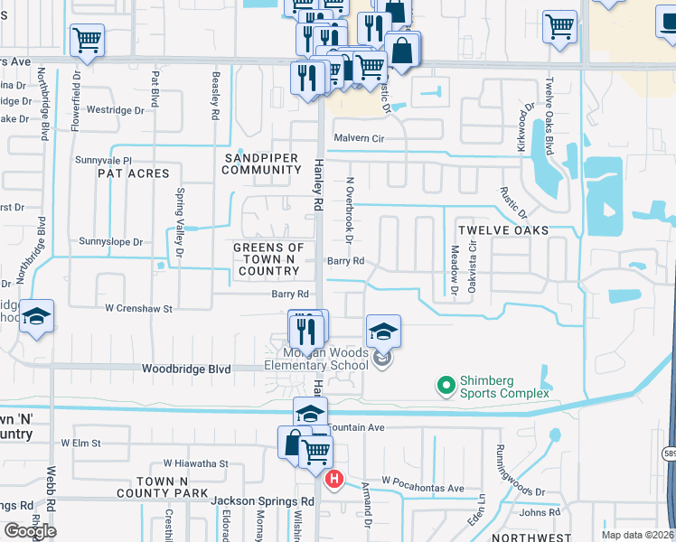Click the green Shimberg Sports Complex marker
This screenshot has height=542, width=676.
pos(446,387)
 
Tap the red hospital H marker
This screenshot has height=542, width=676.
pos(334,478)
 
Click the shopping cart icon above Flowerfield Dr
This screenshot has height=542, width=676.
pos(87,39)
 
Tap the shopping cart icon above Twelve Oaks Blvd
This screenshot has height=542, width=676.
pos(560,25)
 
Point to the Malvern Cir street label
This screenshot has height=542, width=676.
pos(360,138)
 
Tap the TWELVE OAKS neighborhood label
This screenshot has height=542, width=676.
pos(502,230)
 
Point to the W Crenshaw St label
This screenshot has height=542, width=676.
pos(137,309)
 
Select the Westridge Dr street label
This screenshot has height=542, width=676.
pos(115,110)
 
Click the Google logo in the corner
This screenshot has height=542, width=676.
pos(30,531)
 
